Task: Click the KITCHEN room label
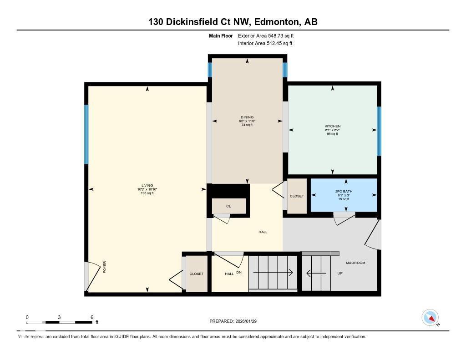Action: [x=332, y=126]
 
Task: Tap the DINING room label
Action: [x=247, y=117]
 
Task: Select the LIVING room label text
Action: [x=147, y=185]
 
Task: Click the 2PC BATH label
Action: [x=344, y=191]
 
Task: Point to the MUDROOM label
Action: [x=355, y=263]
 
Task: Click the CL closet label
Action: [x=228, y=206]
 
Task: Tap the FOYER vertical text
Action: [x=104, y=267]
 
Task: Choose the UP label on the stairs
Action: [x=339, y=274]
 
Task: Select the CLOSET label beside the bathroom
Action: [x=297, y=196]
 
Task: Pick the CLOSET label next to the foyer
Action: [x=196, y=274]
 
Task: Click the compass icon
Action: [x=430, y=317]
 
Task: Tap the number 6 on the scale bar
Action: [x=92, y=317]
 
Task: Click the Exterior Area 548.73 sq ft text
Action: [x=269, y=35]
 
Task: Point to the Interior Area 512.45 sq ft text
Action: [x=265, y=44]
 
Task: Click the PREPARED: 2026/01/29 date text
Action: [x=236, y=321]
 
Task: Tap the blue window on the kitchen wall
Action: [x=379, y=131]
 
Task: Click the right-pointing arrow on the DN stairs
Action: [x=273, y=273]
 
